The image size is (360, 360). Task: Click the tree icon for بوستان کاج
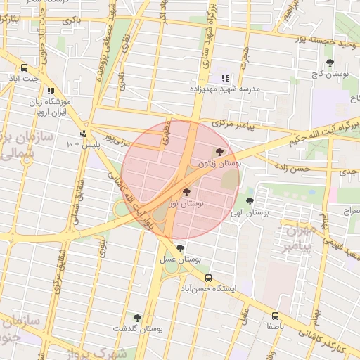pos(330,63)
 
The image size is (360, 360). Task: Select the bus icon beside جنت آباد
pos(25,68)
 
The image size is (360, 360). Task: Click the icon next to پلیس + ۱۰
pos(84,134)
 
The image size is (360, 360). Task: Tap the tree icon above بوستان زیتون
pos(219,152)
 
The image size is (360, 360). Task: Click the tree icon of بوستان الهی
pos(250,202)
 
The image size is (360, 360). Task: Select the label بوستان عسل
pos(180,259)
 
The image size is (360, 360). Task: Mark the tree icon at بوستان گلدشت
pos(137,319)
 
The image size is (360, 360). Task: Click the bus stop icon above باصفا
pos(275,316)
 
